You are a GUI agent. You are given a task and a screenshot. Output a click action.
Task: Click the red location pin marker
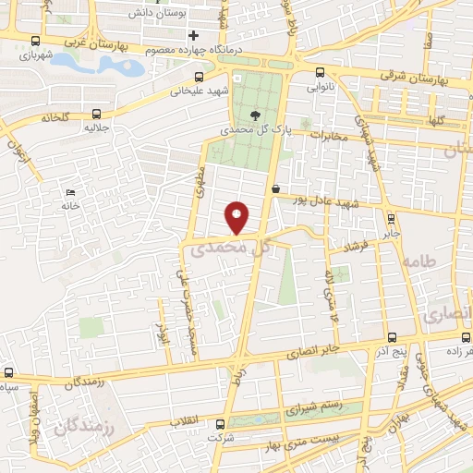237,217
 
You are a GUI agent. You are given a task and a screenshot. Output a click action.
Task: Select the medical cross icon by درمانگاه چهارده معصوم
193,36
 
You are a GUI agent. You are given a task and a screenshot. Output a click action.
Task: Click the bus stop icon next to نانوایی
320,73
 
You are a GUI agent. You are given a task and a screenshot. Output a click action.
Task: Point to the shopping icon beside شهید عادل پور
275,188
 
